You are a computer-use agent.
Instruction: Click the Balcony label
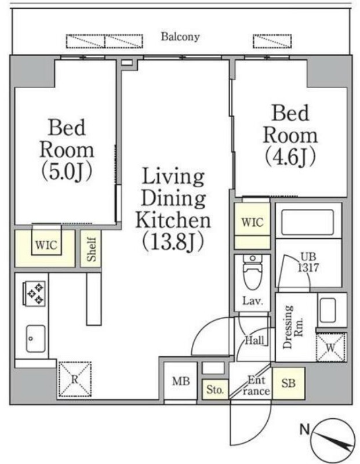180,37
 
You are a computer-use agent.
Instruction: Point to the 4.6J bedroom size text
290,157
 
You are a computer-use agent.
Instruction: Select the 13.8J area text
173,242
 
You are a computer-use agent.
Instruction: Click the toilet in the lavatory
252,272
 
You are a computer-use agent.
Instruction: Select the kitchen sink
35,339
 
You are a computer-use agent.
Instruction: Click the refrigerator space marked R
75,379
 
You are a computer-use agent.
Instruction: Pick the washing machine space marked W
330,347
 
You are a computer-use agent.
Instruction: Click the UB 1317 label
308,262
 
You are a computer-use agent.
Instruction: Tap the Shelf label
92,249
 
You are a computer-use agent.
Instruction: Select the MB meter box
180,381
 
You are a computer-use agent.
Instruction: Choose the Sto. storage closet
215,389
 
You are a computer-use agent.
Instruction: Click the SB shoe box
289,383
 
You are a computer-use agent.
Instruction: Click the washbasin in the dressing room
328,310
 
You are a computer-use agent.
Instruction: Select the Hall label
254,340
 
